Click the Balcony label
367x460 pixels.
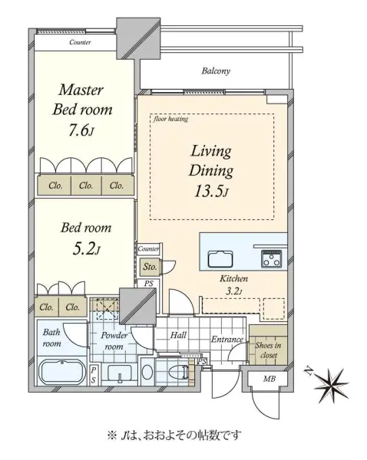click(x=216, y=71)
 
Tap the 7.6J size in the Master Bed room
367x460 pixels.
click(x=81, y=131)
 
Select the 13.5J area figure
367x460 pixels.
click(x=211, y=191)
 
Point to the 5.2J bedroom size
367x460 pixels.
click(x=86, y=249)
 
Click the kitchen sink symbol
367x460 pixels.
click(x=221, y=259)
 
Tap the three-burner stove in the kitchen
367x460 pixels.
click(x=272, y=258)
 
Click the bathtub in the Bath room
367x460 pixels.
click(x=62, y=371)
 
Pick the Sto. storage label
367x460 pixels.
click(x=150, y=267)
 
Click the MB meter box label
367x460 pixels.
click(x=269, y=379)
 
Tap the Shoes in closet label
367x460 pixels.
click(x=268, y=350)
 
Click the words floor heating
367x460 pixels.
click(x=170, y=119)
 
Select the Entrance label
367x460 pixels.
click(x=227, y=340)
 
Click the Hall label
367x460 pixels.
click(x=178, y=335)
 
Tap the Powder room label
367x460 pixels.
click(x=114, y=341)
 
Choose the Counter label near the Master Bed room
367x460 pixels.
click(x=80, y=42)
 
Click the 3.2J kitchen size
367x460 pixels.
click(x=234, y=291)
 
